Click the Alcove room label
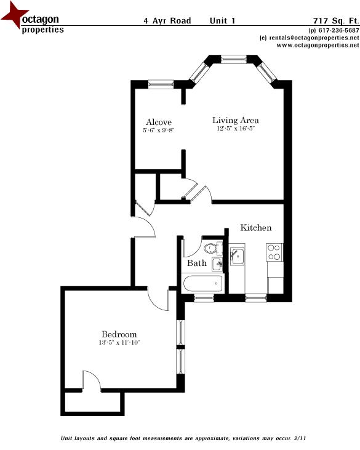159,122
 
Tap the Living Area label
236,120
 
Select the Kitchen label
255,228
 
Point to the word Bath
197,263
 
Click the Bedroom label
119,334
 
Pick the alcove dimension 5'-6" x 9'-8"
159,131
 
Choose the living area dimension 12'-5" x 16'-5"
236,129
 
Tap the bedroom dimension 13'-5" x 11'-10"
119,342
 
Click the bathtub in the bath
202,284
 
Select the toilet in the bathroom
211,249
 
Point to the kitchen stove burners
274,252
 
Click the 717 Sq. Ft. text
335,20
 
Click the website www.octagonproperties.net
318,45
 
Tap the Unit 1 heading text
222,20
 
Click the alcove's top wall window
161,84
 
